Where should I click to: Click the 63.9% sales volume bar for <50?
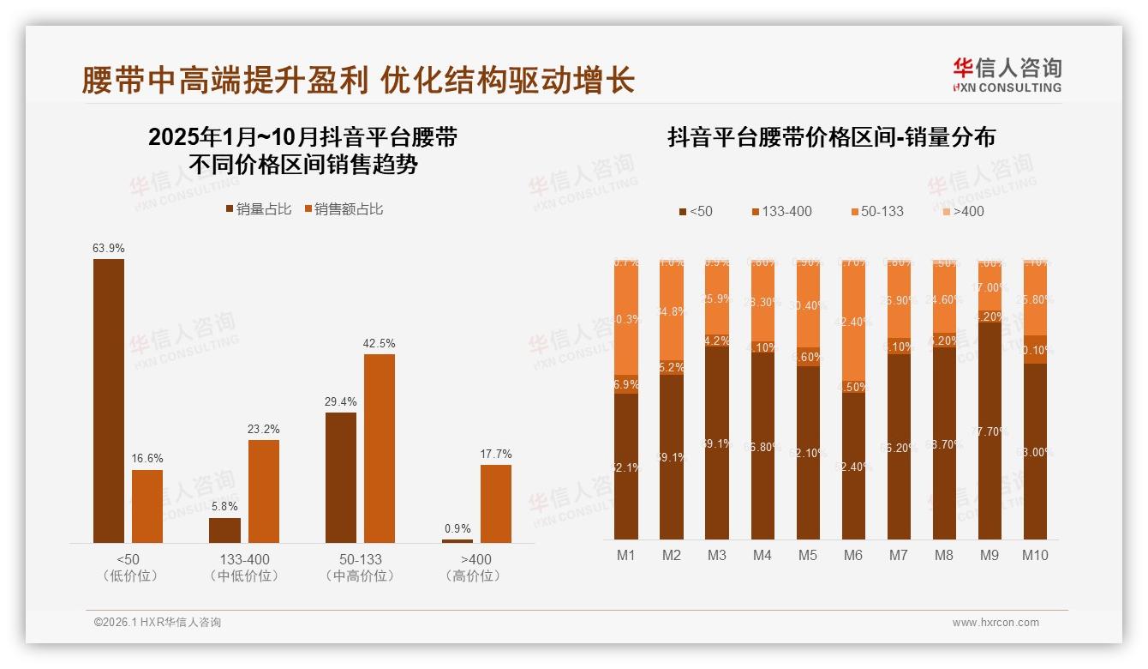coord(109,401)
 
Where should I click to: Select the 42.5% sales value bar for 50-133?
coord(379,448)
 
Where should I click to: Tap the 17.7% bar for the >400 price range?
coord(495,503)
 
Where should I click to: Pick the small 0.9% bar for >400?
coord(457,540)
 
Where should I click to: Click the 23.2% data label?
coord(264,429)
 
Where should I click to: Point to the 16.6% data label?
coord(147,459)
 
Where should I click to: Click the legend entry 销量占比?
coord(259,209)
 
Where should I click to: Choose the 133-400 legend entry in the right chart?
coord(781,211)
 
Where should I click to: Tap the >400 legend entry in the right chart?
coord(964,211)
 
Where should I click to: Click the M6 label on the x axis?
coord(852,555)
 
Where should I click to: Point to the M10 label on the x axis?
coord(1035,555)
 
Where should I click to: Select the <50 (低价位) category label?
coord(130,567)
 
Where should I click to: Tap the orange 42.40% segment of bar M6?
coord(853,322)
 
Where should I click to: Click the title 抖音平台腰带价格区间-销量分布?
coord(831,138)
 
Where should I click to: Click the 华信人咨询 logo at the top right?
coord(1007,75)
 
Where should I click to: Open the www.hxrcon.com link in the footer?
coord(996,623)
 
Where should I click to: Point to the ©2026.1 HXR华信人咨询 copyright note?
coord(158,623)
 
